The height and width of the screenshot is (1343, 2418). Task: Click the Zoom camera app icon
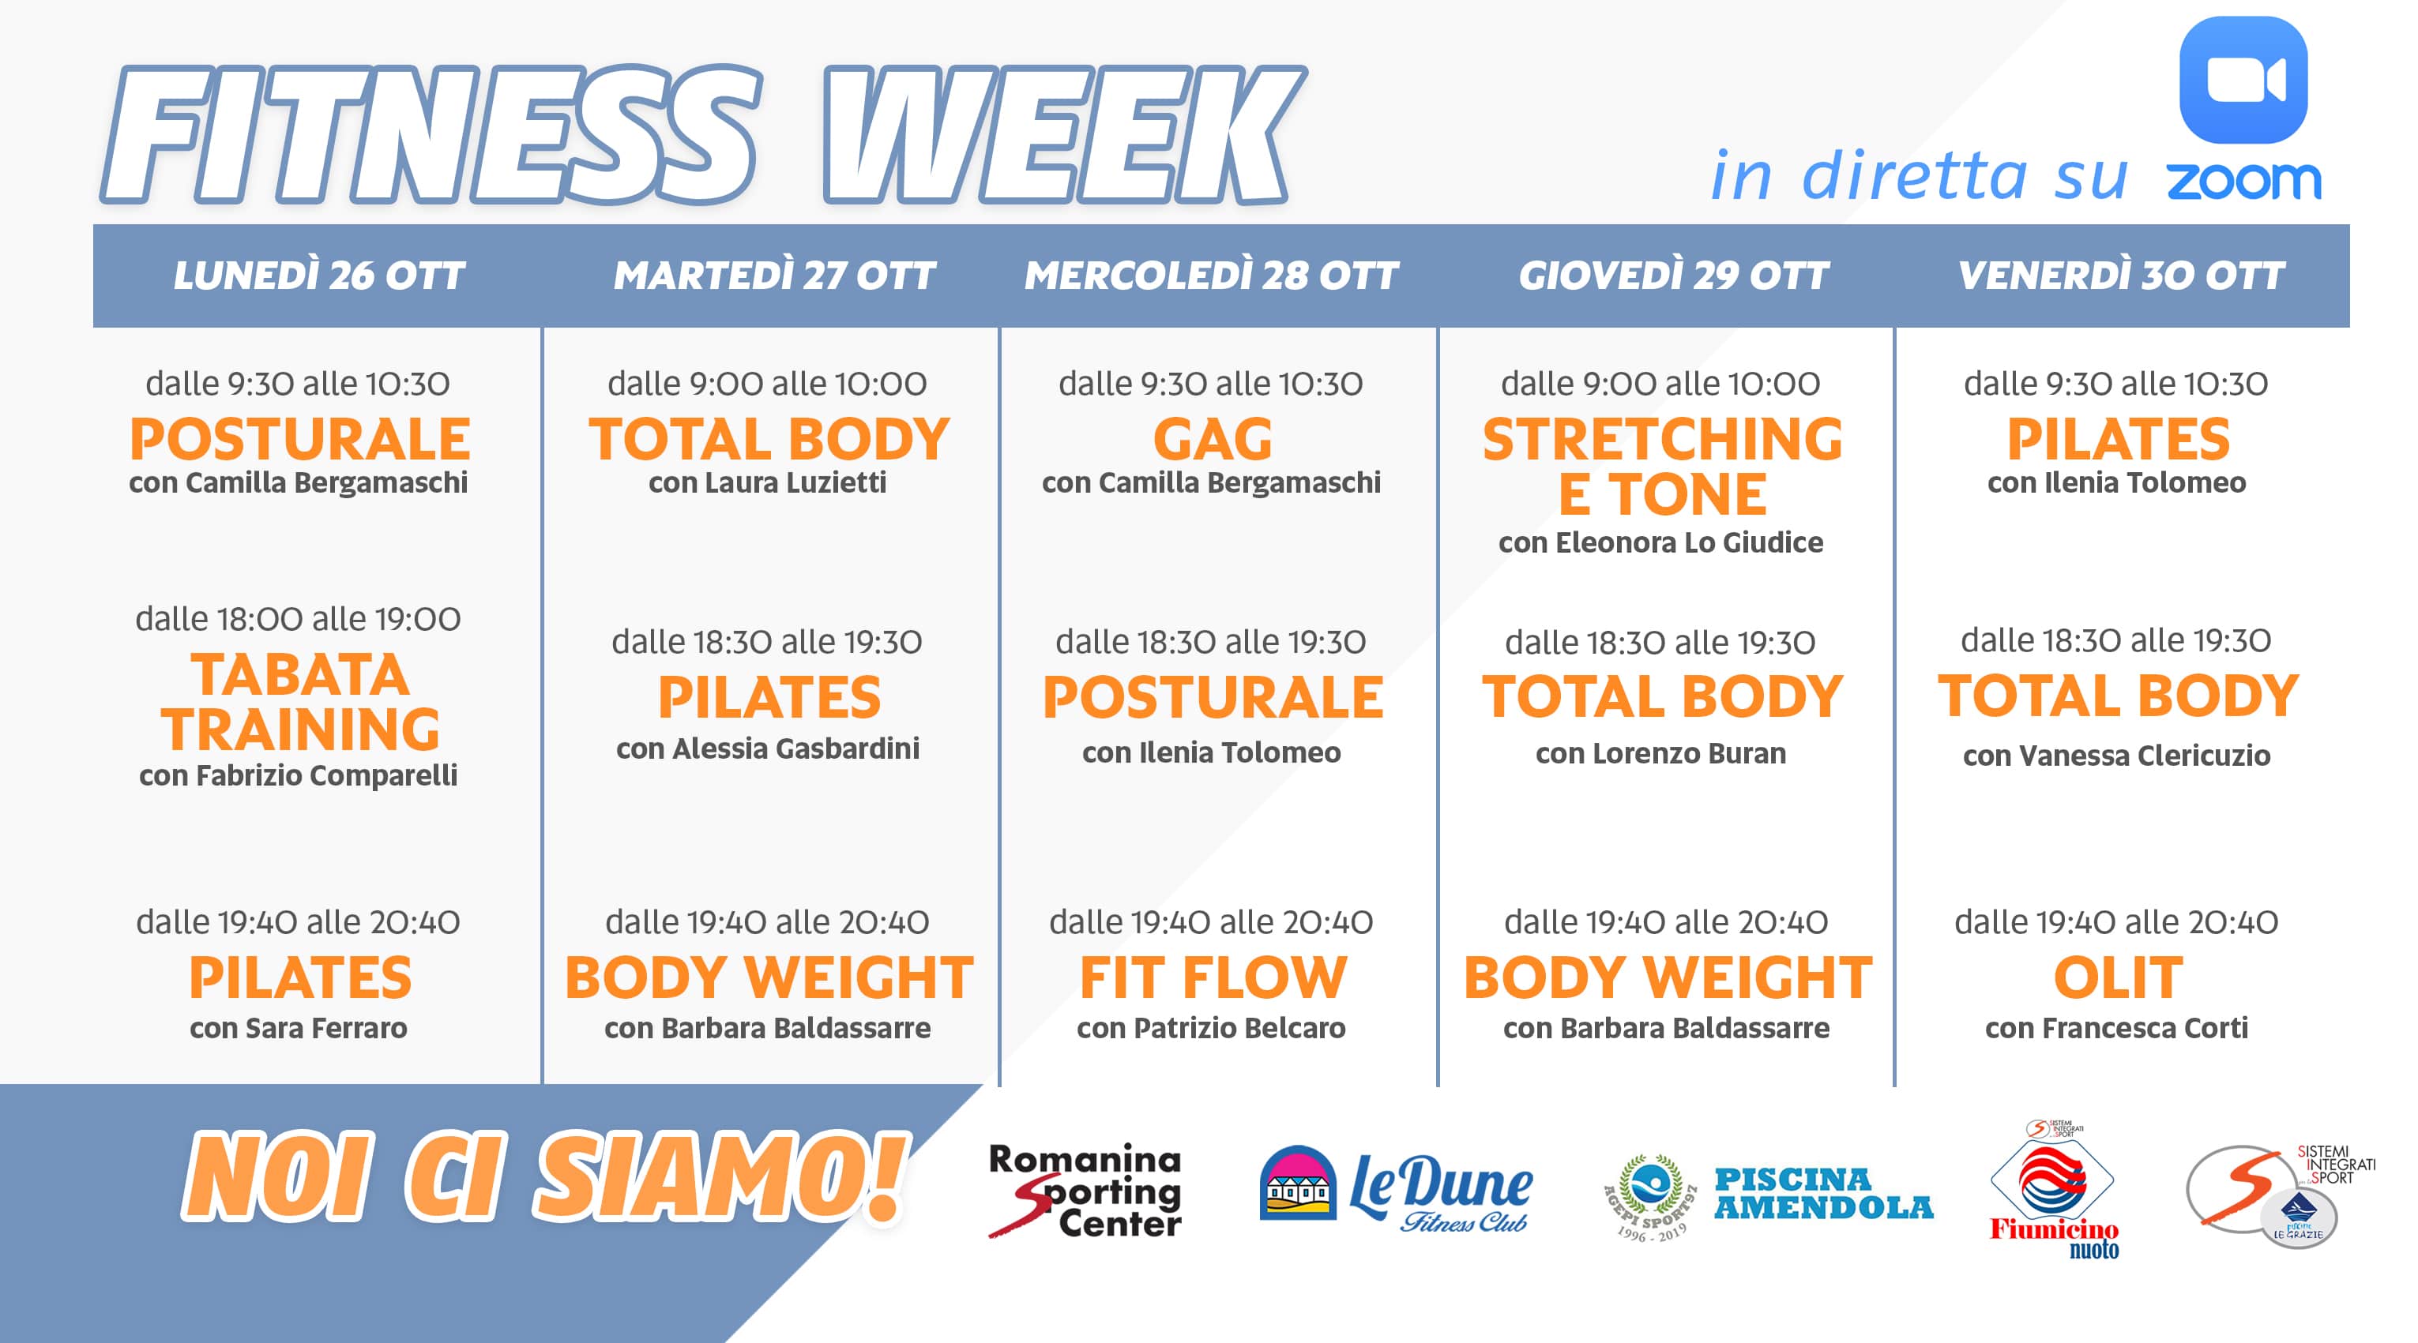click(2243, 80)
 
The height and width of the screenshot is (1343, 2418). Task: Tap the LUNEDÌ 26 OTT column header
click(319, 276)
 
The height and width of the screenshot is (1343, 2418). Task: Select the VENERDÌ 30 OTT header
click(2122, 276)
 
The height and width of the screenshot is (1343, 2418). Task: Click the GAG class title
click(1212, 439)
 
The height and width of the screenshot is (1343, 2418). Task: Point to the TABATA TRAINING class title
click(299, 702)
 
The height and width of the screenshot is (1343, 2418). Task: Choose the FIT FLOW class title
click(1213, 978)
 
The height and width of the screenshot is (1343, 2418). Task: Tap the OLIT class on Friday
click(2118, 978)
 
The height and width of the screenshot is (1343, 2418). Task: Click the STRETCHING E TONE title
click(1662, 467)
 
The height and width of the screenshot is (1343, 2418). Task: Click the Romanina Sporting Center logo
click(1085, 1191)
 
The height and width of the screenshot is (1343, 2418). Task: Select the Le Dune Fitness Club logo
click(1395, 1188)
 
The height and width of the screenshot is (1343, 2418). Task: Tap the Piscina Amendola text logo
click(1823, 1193)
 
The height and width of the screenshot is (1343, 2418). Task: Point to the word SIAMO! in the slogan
click(720, 1177)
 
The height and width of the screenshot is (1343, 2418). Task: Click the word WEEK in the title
click(1062, 134)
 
